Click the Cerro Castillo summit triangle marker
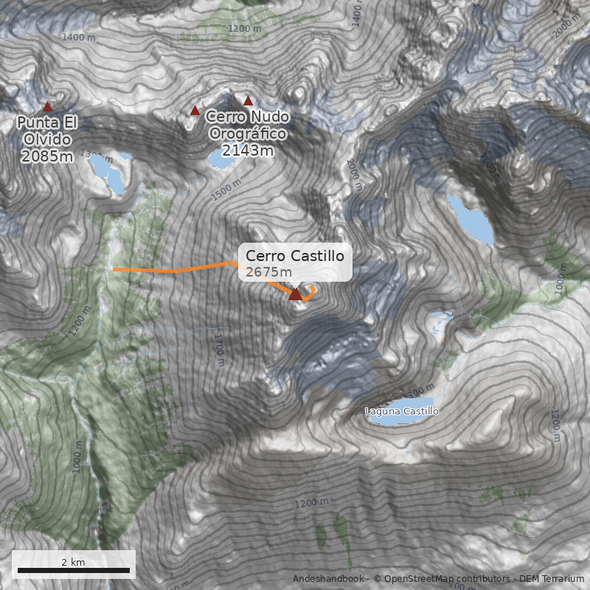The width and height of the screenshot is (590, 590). click(x=295, y=294)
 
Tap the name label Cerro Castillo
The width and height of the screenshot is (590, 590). click(x=295, y=256)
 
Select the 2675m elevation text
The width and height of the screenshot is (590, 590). click(x=263, y=272)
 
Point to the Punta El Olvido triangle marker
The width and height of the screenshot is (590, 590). click(x=48, y=107)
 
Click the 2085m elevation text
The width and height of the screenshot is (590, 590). click(x=47, y=156)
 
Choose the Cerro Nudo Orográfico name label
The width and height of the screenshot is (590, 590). click(x=247, y=125)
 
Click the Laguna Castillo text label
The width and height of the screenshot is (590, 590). click(x=402, y=411)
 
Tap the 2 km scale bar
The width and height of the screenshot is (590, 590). click(x=73, y=569)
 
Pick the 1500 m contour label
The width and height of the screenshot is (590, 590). click(x=226, y=190)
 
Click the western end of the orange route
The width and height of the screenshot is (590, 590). click(x=115, y=270)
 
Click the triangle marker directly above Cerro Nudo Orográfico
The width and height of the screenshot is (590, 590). click(x=249, y=101)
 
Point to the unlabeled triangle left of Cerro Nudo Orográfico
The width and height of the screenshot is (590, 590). click(x=195, y=111)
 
